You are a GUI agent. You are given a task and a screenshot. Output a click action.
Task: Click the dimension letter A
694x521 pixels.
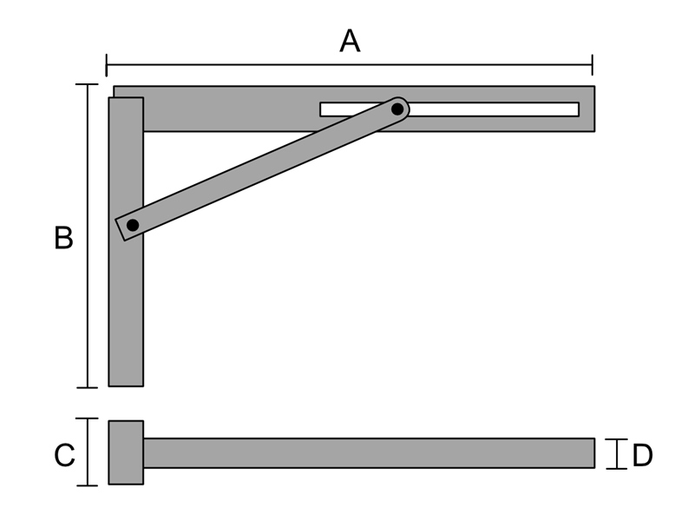click(350, 41)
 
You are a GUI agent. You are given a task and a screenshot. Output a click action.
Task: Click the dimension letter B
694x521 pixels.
click(63, 238)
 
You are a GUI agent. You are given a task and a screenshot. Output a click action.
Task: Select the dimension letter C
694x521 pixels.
click(64, 455)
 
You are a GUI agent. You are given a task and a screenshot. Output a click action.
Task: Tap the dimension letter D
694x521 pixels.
click(642, 455)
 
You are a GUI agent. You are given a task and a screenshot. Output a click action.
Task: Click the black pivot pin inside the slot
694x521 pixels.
click(397, 109)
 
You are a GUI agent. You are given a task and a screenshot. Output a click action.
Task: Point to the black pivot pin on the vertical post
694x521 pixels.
click(133, 225)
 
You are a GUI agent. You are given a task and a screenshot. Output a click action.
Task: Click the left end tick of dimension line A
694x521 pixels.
click(106, 65)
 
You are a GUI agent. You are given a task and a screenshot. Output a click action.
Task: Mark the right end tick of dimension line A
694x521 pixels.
click(593, 65)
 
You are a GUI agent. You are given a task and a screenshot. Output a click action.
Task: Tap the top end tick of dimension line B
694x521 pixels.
click(87, 84)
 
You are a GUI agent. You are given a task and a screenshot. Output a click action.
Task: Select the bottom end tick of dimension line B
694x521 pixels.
click(88, 387)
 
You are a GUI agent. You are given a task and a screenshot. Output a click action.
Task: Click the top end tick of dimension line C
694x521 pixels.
click(87, 419)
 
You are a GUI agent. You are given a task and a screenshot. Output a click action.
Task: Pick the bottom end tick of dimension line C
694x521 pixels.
click(88, 485)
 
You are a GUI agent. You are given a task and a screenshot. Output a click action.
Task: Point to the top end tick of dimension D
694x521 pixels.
click(617, 439)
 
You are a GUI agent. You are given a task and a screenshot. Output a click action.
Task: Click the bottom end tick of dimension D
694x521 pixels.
click(617, 468)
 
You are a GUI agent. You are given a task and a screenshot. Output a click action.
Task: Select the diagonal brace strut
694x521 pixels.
click(261, 169)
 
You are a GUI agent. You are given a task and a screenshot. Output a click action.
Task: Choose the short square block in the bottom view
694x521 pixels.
click(126, 452)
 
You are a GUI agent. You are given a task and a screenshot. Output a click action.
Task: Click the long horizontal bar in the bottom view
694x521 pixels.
click(370, 453)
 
